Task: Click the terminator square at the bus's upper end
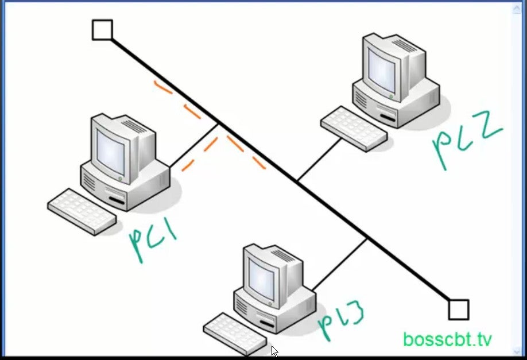tap(102, 30)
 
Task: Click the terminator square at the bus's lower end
tap(458, 309)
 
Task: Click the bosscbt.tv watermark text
tap(447, 339)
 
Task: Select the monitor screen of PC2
tap(382, 68)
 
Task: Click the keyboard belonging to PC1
tap(82, 211)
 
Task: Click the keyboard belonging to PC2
tap(353, 128)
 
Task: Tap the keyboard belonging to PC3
tap(235, 334)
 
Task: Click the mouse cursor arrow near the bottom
tap(274, 351)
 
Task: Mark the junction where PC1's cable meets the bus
tap(218, 123)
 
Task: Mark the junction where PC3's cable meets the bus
tap(367, 238)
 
